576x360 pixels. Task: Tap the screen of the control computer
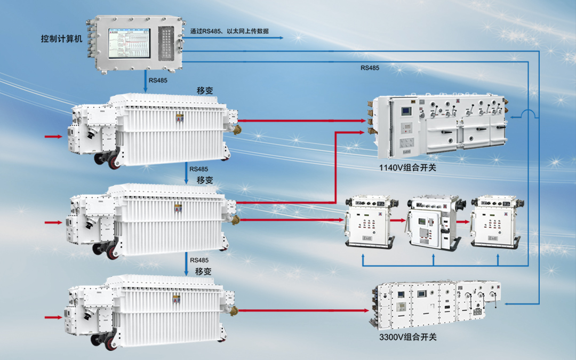[130, 43]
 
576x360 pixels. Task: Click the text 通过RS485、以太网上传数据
[229, 31]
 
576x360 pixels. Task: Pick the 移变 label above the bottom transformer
[203, 271]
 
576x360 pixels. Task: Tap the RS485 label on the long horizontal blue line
[370, 68]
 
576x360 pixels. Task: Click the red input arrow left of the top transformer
[53, 137]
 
